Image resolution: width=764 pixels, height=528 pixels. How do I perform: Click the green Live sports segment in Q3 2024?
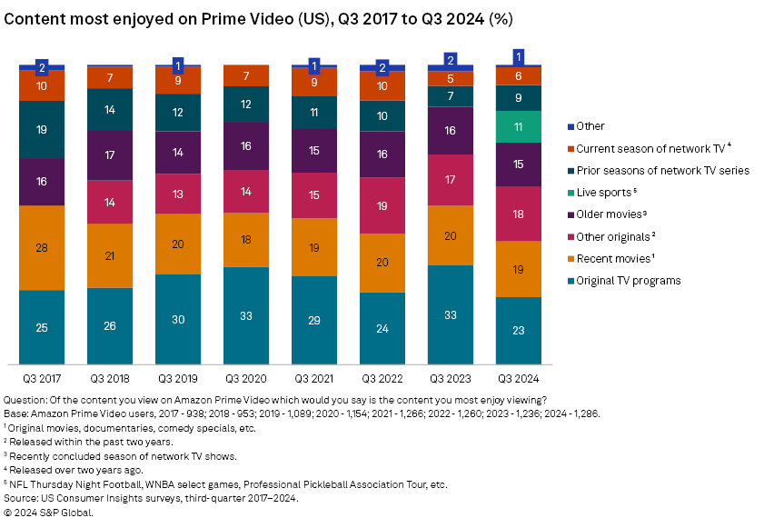click(x=519, y=126)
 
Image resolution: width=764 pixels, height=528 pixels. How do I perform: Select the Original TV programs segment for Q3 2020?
click(x=246, y=315)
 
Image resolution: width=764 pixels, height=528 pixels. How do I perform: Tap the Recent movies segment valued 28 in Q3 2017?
click(x=42, y=248)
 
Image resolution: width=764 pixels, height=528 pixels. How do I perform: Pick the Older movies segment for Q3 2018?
click(x=110, y=155)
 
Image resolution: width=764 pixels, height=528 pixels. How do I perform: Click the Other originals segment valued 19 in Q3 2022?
click(x=382, y=205)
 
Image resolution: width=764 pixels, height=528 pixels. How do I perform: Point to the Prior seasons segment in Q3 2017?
click(x=42, y=130)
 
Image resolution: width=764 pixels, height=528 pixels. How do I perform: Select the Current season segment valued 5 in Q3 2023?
click(x=451, y=78)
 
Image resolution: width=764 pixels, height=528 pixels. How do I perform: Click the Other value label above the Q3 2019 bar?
click(x=178, y=65)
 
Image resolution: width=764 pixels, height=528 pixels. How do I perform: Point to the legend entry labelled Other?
click(x=590, y=126)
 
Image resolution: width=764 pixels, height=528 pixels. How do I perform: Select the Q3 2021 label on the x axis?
click(x=314, y=377)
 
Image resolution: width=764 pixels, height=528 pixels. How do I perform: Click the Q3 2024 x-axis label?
click(x=519, y=377)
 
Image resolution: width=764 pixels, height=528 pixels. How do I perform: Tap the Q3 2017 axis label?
click(x=42, y=377)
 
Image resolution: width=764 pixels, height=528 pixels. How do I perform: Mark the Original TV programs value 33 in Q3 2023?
click(x=451, y=315)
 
